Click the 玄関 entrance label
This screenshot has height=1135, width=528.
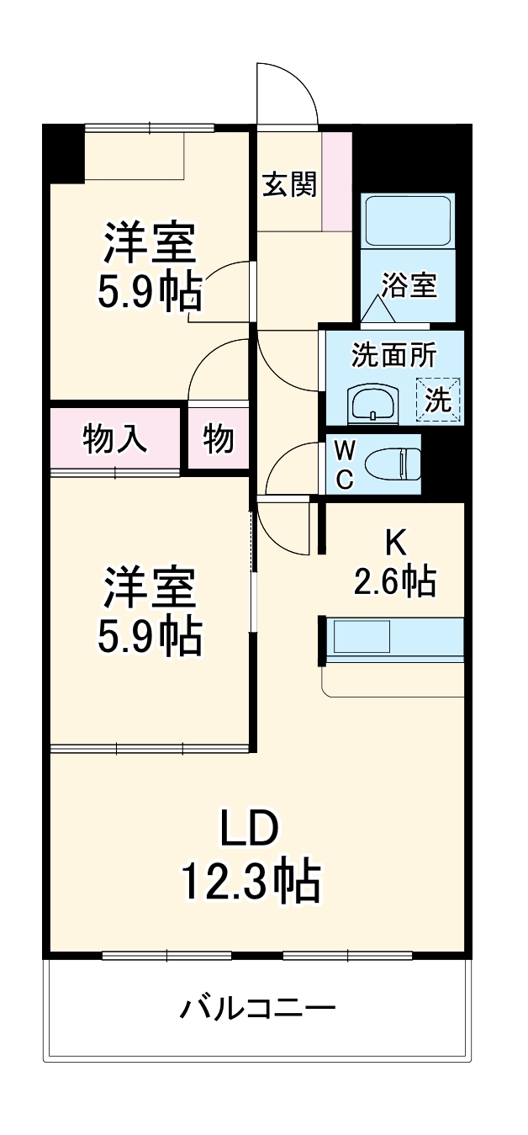[290, 183]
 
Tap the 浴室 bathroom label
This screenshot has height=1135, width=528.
[409, 286]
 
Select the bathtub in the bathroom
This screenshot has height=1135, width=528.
[408, 220]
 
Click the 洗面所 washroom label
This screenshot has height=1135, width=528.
[393, 356]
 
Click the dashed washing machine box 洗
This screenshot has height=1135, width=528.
[438, 399]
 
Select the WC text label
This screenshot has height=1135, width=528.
[345, 464]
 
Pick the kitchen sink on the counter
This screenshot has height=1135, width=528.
[362, 637]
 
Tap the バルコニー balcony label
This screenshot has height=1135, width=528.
[257, 1007]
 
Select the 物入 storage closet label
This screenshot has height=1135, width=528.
[115, 438]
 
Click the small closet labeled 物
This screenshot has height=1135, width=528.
[218, 438]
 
